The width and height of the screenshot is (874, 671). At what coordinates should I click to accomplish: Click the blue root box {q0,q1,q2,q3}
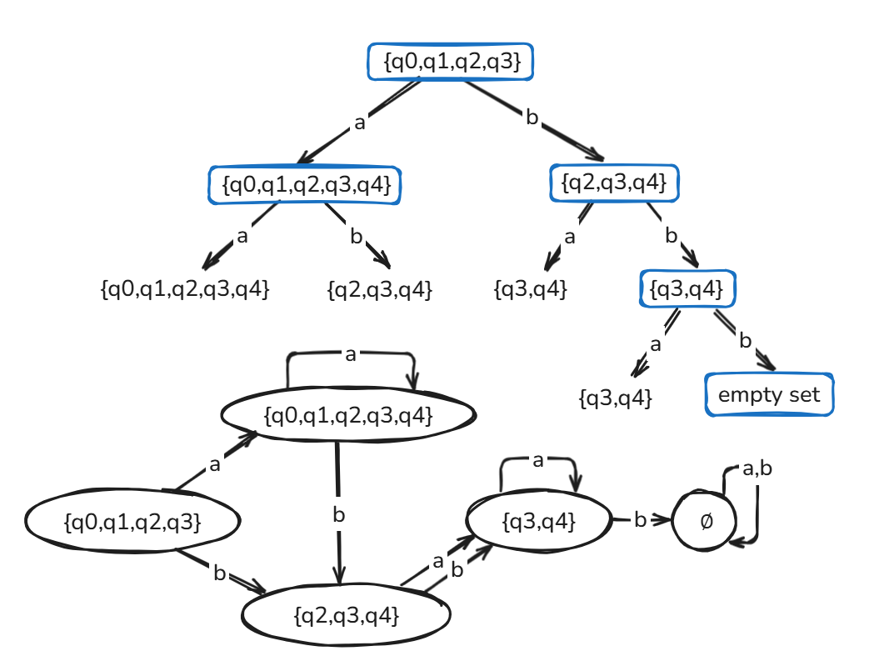(x=450, y=63)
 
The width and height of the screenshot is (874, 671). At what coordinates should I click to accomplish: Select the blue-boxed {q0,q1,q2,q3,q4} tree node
(x=304, y=185)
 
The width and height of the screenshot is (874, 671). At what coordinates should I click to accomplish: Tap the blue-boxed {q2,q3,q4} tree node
(x=614, y=183)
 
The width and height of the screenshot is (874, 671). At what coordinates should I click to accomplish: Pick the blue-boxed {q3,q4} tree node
(x=689, y=288)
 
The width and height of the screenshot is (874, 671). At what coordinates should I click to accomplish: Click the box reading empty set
(x=769, y=395)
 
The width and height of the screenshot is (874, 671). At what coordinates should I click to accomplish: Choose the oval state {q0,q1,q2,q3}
(x=133, y=523)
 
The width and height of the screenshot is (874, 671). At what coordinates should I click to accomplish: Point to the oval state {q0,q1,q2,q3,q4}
(x=348, y=414)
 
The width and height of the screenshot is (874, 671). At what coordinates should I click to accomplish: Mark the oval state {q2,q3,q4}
(x=347, y=616)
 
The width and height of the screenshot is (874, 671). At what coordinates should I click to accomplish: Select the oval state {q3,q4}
(x=538, y=521)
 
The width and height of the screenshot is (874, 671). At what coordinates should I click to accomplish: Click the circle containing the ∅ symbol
(x=706, y=521)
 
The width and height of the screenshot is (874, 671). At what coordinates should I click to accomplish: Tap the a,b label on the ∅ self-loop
(x=757, y=469)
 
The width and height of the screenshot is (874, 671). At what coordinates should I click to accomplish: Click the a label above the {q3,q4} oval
(x=538, y=459)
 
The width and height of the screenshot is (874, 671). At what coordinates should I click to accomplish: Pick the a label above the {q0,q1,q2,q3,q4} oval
(x=350, y=355)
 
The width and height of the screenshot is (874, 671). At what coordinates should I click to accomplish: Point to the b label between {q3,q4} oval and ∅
(x=640, y=520)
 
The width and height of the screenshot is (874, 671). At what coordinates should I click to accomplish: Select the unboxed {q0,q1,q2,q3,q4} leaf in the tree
(x=184, y=290)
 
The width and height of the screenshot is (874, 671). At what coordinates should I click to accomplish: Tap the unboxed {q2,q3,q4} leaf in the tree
(x=380, y=290)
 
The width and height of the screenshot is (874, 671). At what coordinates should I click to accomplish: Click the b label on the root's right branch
(x=532, y=118)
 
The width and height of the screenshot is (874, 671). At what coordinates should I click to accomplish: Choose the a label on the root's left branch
(x=360, y=123)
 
